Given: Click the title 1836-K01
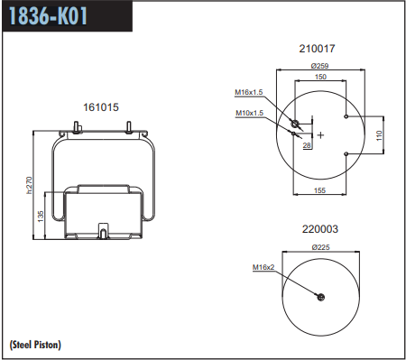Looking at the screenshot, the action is [49, 15].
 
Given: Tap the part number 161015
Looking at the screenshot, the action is [101, 107].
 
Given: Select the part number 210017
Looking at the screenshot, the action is [317, 49].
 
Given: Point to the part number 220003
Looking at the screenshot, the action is [320, 229].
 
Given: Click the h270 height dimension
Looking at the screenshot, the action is [29, 185].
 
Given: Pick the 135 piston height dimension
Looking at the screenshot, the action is [41, 217].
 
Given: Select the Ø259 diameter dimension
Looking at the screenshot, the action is [319, 66].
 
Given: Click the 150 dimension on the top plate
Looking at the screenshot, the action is [320, 77].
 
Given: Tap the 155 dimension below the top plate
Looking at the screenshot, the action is [319, 190].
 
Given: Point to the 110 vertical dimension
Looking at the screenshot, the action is [379, 135].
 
